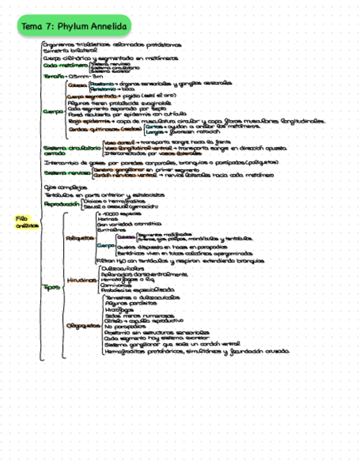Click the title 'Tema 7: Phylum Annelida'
(74, 26)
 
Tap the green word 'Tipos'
(52, 287)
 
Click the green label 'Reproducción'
(61, 204)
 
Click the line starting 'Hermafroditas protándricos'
(195, 351)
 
